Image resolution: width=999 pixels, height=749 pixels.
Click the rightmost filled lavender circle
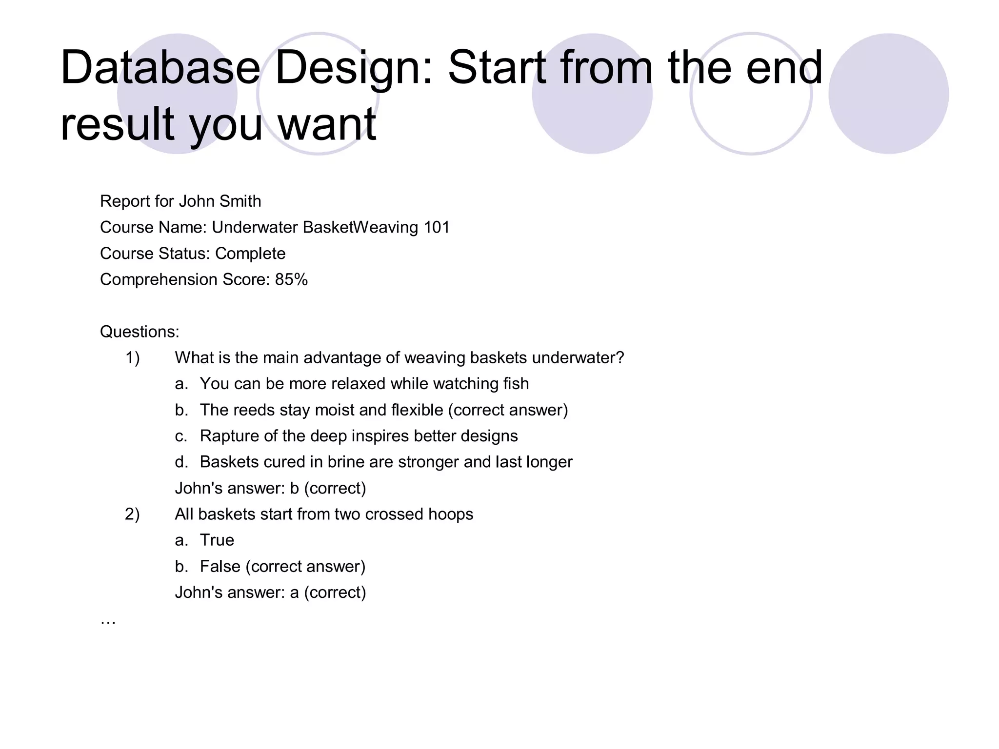(x=888, y=94)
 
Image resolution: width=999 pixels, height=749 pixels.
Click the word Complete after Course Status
(x=250, y=254)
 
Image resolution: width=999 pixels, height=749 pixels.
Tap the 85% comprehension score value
(x=291, y=280)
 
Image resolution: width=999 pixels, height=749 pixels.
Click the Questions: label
(x=140, y=332)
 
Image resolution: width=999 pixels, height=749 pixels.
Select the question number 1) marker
(x=132, y=358)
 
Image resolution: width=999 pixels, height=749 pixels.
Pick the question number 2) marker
(x=132, y=514)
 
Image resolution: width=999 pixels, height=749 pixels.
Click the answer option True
(x=217, y=540)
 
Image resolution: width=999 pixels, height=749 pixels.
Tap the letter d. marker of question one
(x=181, y=462)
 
